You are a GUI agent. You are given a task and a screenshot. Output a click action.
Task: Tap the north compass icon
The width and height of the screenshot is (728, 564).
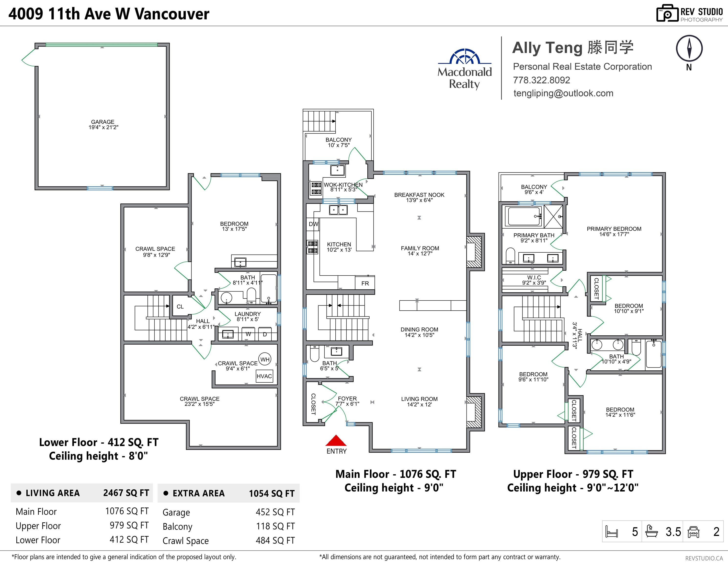689,49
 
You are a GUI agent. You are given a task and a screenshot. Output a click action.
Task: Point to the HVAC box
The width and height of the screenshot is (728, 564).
264,376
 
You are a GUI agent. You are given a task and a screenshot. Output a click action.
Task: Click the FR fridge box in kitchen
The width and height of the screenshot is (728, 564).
365,283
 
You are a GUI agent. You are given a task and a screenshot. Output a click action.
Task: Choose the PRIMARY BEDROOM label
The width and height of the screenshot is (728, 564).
614,229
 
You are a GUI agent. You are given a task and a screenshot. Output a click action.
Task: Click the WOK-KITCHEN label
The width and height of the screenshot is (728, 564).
343,184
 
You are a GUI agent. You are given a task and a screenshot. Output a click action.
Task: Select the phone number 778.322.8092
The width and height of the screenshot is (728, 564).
541,80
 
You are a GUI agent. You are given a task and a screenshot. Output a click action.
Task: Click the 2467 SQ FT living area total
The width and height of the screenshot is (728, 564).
126,493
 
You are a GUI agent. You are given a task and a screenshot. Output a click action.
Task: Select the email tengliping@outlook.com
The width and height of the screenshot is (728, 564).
563,94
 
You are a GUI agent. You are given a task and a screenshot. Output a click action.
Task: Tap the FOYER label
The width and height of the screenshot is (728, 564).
347,399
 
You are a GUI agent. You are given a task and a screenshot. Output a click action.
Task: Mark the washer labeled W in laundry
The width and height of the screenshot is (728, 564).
248,334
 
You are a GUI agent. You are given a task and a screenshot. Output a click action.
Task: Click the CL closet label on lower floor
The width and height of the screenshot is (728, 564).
180,306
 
